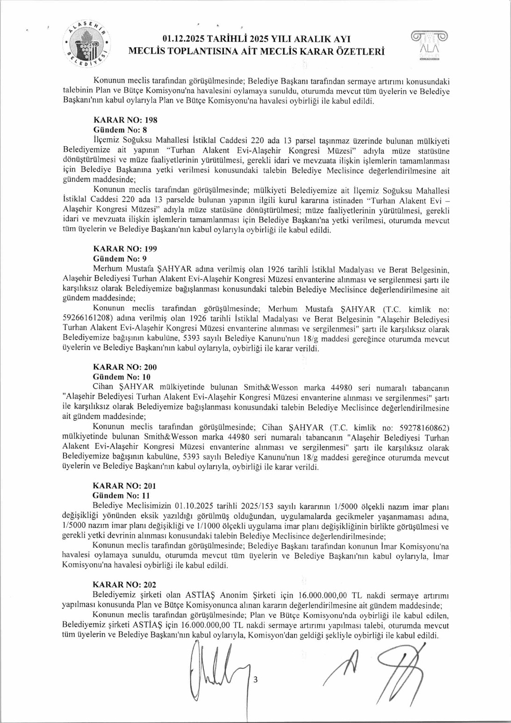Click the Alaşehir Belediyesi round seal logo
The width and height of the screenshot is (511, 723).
pos(87,45)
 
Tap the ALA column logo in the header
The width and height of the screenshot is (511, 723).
pos(429,46)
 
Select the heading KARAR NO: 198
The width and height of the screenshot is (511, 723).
pos(125,120)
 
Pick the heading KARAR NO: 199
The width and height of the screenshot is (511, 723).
pos(125,249)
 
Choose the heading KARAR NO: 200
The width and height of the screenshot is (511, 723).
pos(125,367)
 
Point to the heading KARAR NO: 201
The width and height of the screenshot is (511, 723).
pos(124,486)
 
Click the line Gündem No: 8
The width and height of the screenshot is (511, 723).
pos(120,130)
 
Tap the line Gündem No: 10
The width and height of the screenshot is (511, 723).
pos(122,377)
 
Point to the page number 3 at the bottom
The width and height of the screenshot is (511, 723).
pos(255,680)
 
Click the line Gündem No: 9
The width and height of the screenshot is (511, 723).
pos(120,259)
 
